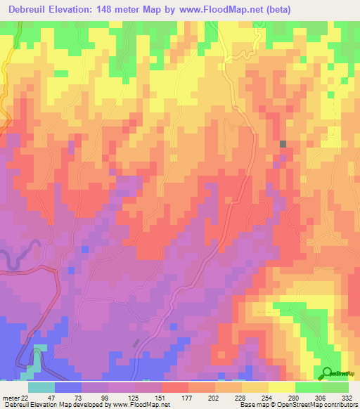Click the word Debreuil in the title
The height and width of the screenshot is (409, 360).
click(x=30, y=11)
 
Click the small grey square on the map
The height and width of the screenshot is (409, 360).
click(x=283, y=144)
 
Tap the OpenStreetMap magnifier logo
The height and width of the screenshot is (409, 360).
click(x=328, y=372)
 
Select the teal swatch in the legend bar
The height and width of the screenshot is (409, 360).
click(x=41, y=387)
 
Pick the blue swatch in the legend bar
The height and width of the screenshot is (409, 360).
click(x=68, y=387)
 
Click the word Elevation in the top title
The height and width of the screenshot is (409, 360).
click(x=79, y=11)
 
